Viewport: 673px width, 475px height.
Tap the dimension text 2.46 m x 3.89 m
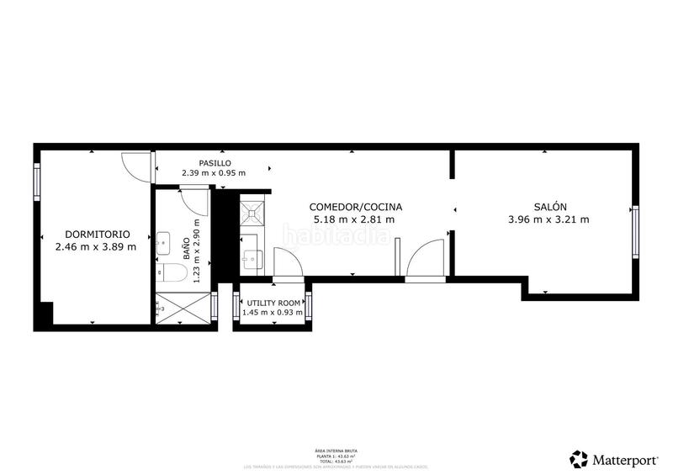click(95, 247)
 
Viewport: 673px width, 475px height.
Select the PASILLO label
click(215, 163)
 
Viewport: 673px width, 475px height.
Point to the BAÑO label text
click(186, 250)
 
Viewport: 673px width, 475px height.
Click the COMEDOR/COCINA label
click(355, 207)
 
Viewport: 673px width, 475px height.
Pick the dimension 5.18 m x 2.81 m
click(355, 219)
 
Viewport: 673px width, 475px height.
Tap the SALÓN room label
click(549, 207)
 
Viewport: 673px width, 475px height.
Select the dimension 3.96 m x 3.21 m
click(549, 219)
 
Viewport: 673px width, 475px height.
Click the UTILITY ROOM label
click(273, 303)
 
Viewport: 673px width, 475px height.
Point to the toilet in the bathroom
click(173, 272)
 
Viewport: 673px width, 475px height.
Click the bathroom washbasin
click(163, 240)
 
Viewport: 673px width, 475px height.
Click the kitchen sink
click(252, 256)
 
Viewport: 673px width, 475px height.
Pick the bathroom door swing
click(194, 202)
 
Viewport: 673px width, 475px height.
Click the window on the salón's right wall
click(635, 231)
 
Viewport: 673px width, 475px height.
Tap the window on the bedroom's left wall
click(37, 179)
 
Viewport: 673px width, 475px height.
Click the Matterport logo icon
click(579, 459)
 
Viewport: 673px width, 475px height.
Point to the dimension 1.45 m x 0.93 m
click(273, 313)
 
